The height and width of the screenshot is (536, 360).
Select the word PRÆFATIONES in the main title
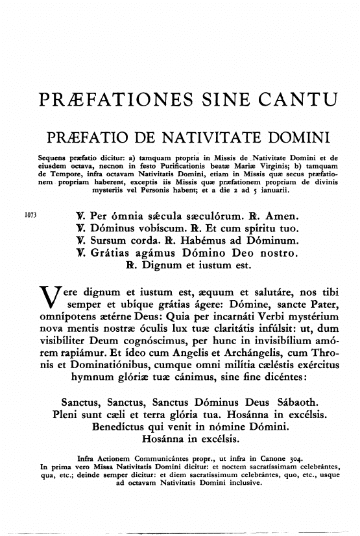pos(110,101)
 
